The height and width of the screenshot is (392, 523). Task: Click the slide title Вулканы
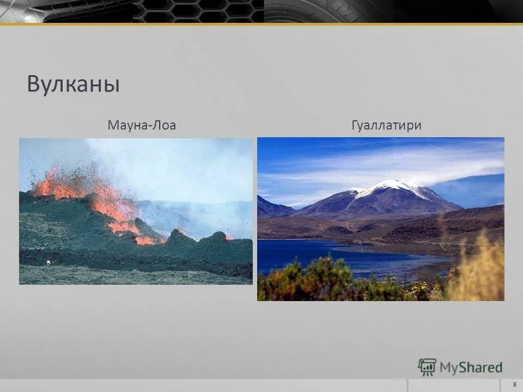point(74,84)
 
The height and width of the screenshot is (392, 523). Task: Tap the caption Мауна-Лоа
point(142,126)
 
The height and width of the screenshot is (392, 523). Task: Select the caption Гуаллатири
point(386,126)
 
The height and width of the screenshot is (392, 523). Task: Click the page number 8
point(515,385)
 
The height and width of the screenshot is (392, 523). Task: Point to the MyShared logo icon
point(427,367)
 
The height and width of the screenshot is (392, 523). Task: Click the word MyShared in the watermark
point(471,368)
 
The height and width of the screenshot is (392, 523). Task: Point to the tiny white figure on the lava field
point(48,263)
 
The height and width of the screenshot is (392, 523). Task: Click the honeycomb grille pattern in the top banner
point(199,11)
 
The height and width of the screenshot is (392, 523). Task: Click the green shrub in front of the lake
point(321,280)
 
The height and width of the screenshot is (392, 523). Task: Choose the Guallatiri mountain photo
point(380,219)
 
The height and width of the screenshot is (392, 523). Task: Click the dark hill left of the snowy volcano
point(272,207)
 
